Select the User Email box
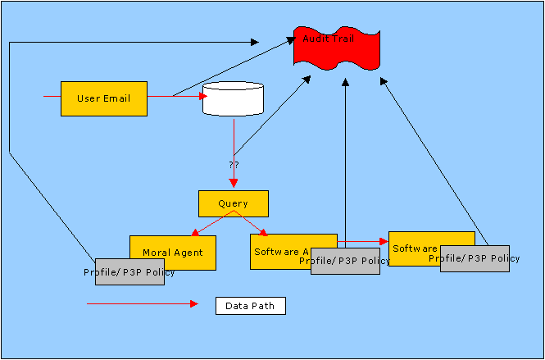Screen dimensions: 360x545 tap(104, 98)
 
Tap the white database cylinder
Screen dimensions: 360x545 tap(233, 99)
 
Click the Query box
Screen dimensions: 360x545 tap(233, 203)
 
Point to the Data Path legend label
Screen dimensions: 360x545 tap(251, 306)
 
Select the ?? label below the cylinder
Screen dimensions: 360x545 tap(234, 165)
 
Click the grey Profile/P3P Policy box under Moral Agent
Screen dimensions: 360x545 tap(129, 272)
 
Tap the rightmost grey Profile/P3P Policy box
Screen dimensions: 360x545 tap(475, 258)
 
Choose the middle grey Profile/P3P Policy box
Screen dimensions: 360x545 tap(345, 261)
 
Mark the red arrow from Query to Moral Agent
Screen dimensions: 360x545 tap(211, 223)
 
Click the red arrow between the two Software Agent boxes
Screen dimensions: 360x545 tap(362, 241)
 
